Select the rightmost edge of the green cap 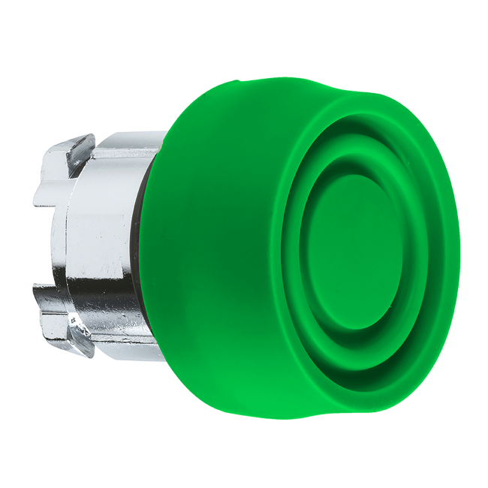click(x=456, y=248)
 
